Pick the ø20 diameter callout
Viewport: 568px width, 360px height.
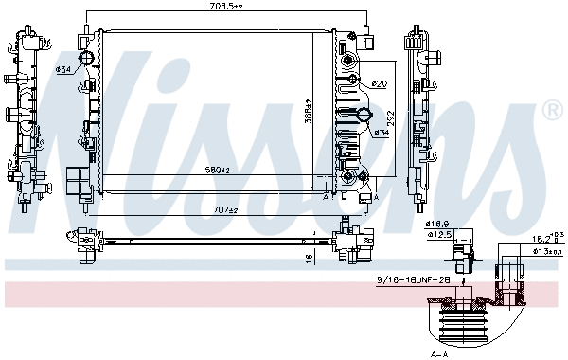[x=379, y=84]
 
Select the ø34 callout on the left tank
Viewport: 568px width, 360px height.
[x=63, y=69]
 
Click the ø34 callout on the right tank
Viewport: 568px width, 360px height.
[x=382, y=132]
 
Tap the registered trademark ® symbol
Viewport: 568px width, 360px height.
[x=552, y=112]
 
